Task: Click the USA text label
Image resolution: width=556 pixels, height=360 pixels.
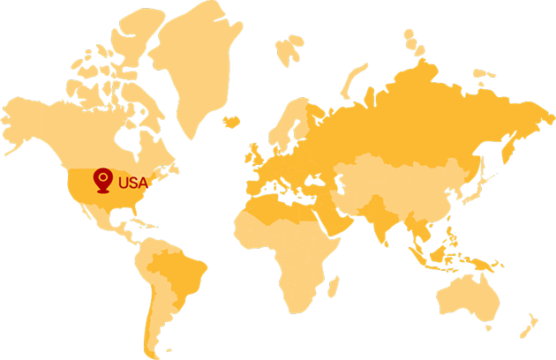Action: tap(130, 184)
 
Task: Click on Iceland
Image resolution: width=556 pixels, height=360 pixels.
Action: tap(231, 121)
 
